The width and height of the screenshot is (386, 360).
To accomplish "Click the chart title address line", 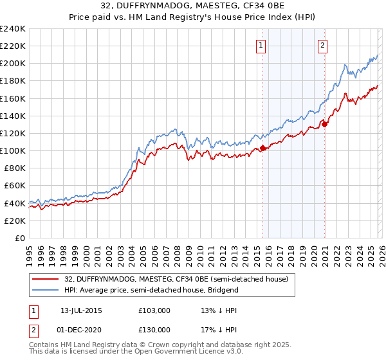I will point(192,6).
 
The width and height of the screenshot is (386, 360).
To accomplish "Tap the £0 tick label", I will point(19,238).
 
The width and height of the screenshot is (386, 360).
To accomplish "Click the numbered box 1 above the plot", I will point(261,45).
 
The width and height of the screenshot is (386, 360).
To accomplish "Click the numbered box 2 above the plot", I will point(322,45).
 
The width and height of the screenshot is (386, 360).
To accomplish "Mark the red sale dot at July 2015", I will point(262,148).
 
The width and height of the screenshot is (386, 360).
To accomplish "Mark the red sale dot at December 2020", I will point(325,125).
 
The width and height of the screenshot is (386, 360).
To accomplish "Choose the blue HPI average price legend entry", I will point(151,290).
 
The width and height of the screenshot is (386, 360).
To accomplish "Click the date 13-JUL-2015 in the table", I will point(81,310).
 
